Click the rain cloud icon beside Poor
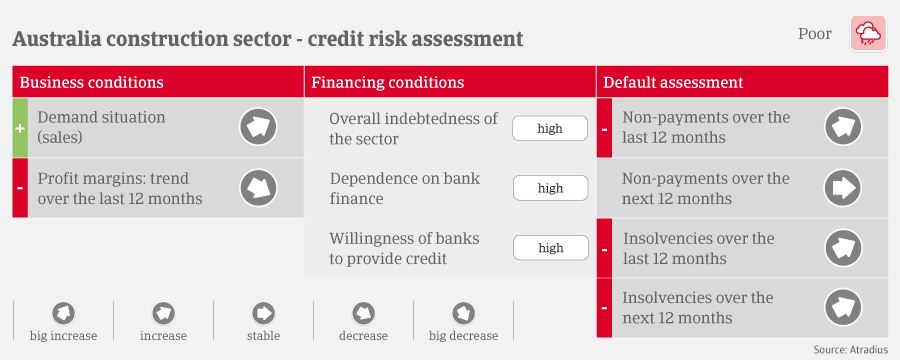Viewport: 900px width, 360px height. tap(868, 34)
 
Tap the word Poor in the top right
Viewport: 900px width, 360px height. tap(814, 34)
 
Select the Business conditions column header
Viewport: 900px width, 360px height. tap(92, 82)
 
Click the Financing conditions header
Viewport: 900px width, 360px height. tap(387, 82)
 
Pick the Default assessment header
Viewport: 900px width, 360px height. tap(673, 82)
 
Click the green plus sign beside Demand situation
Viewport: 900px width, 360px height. tap(20, 128)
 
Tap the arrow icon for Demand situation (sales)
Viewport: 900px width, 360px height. tap(258, 127)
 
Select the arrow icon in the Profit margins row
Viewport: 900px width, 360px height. tap(258, 188)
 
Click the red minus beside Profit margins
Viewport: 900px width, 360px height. tap(20, 188)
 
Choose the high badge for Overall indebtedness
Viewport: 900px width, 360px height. tap(550, 128)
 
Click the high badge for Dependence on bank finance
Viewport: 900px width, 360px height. tap(550, 188)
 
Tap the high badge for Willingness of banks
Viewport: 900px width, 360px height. tap(550, 248)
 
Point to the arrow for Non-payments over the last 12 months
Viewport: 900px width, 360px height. tap(843, 127)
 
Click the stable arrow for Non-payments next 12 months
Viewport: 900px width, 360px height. tap(843, 188)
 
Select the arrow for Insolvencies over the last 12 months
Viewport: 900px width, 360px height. tap(843, 248)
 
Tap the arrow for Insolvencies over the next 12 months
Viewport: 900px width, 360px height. tap(843, 308)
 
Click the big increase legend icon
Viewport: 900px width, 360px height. tap(63, 313)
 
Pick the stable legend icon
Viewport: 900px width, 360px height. tap(263, 313)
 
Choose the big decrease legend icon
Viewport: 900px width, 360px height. tap(463, 313)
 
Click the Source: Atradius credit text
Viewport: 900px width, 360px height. tap(851, 350)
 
